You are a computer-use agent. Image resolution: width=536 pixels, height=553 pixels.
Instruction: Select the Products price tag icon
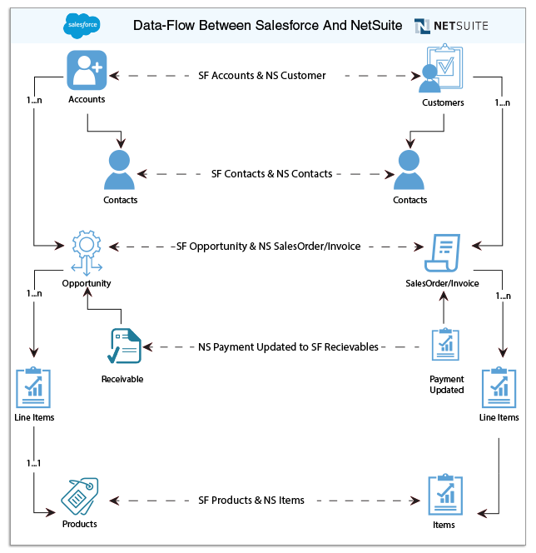(x=80, y=497)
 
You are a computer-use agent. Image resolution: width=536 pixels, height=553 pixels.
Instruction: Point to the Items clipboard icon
(x=444, y=496)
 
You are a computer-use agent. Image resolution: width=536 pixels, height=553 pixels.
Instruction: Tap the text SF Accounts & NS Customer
(x=262, y=76)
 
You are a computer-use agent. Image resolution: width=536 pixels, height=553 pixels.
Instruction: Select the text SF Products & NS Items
(x=251, y=501)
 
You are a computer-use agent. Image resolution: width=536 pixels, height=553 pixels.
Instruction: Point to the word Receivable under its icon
(x=122, y=380)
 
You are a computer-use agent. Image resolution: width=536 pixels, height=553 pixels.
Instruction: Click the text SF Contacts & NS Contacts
(x=271, y=174)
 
